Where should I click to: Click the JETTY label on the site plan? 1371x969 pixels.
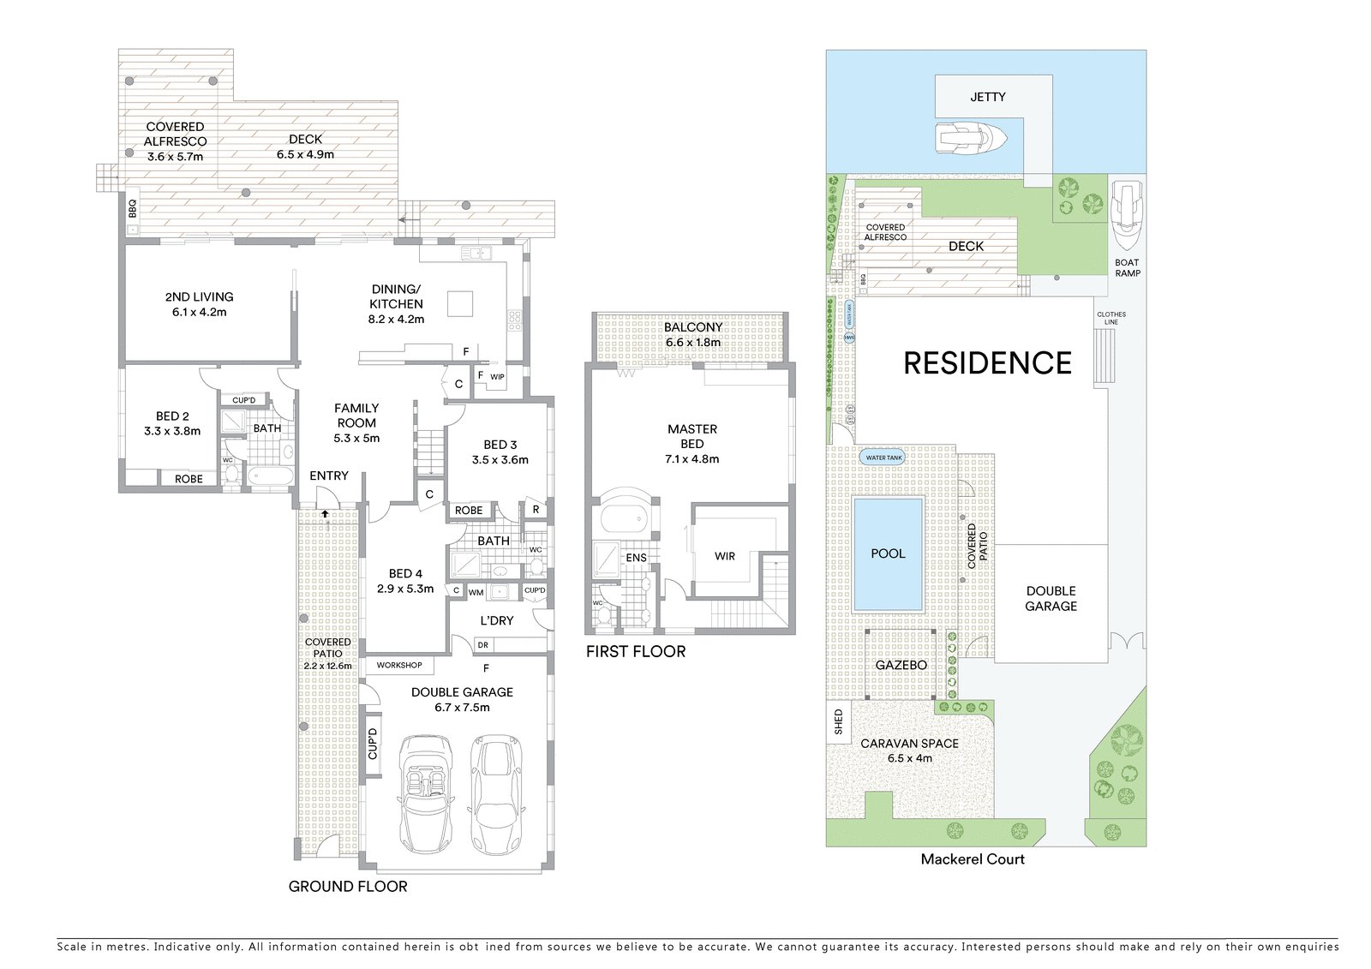pos(987,97)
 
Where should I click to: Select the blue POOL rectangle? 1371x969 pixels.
pos(888,553)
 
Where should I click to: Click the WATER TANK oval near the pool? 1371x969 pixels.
pos(883,458)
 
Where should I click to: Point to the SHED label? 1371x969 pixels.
pos(838,721)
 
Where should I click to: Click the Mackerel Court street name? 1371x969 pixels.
pos(972,859)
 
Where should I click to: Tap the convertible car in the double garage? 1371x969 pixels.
pos(426,793)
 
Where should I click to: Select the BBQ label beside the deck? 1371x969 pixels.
pos(132,208)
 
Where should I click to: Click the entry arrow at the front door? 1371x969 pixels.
pos(326,513)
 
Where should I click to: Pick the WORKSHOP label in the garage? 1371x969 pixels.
pos(399,665)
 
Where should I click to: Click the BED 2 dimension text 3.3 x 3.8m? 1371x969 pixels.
pos(172,431)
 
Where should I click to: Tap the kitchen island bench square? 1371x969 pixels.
pos(460,303)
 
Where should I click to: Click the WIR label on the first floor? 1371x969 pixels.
pos(724,556)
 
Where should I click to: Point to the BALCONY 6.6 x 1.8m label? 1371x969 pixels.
pos(692,334)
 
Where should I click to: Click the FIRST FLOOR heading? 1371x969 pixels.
pos(635,651)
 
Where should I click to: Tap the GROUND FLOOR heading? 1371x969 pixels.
pos(347,886)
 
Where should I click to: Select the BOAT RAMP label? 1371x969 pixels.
pos(1127,267)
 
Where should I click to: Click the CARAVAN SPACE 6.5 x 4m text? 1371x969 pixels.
pos(909,751)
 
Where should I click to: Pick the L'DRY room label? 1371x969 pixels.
pos(496,619)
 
